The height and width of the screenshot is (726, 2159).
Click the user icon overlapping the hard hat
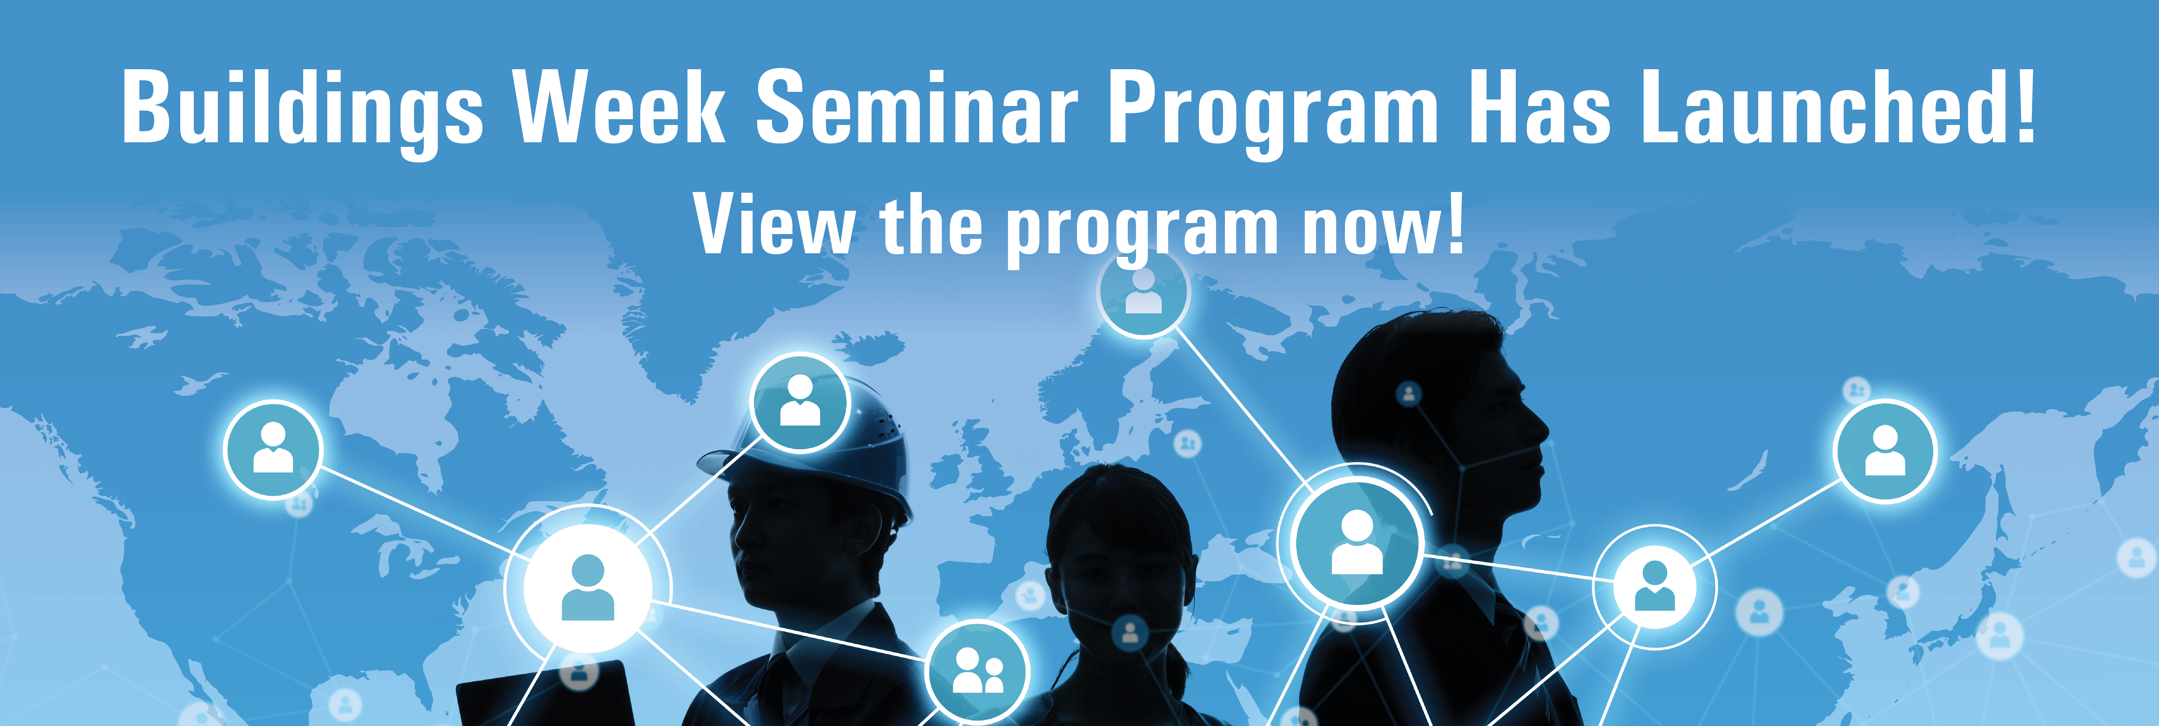click(800, 402)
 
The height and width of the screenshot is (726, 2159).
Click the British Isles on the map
click(972, 465)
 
